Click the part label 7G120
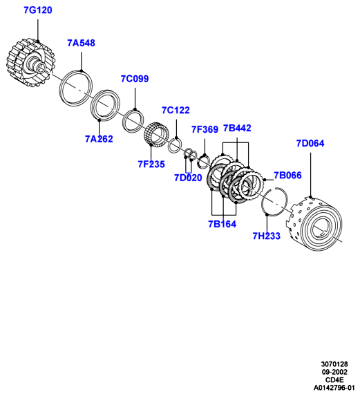click(x=38, y=10)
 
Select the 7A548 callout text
click(x=82, y=43)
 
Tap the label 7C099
click(x=135, y=79)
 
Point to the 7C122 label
click(x=176, y=111)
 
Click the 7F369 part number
click(x=205, y=129)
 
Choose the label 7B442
click(x=237, y=129)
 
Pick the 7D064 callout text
click(x=310, y=144)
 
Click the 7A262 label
click(x=99, y=139)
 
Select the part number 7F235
click(x=151, y=164)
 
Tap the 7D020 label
click(x=188, y=178)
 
